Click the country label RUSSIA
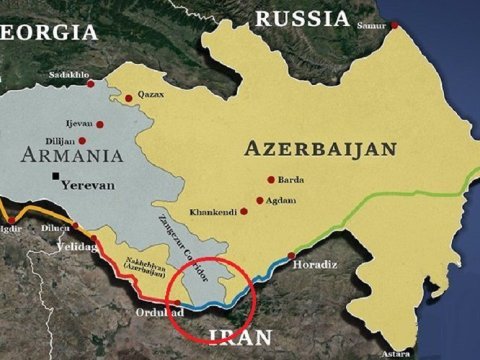click(301, 18)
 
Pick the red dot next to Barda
click(270, 180)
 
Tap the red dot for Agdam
click(260, 200)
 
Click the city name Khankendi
click(212, 213)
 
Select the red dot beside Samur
click(394, 24)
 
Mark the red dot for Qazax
click(128, 98)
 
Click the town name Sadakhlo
click(67, 75)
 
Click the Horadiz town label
click(310, 266)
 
